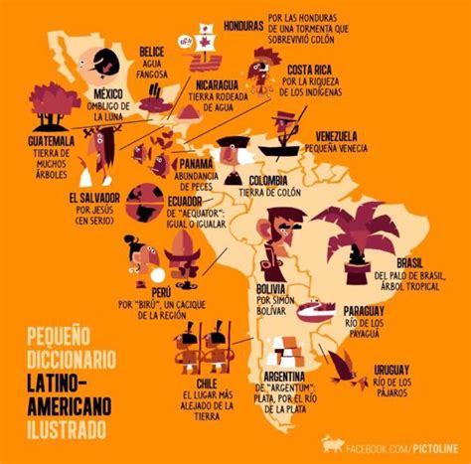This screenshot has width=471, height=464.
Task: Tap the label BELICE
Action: (151, 49)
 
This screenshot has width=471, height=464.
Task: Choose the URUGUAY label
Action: (393, 368)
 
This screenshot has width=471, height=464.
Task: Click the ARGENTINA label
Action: (293, 376)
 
